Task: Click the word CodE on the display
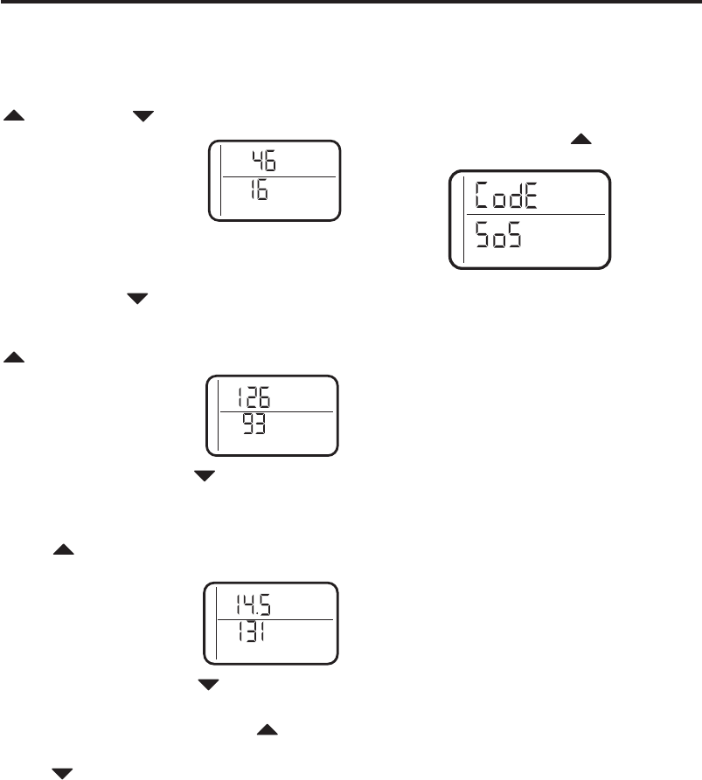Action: (505, 195)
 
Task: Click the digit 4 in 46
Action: (257, 160)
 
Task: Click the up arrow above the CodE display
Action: (581, 140)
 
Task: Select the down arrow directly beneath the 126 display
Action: (204, 476)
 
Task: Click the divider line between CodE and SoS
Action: (535, 214)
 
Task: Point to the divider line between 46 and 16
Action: (278, 176)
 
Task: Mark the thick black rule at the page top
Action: (351, 3)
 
